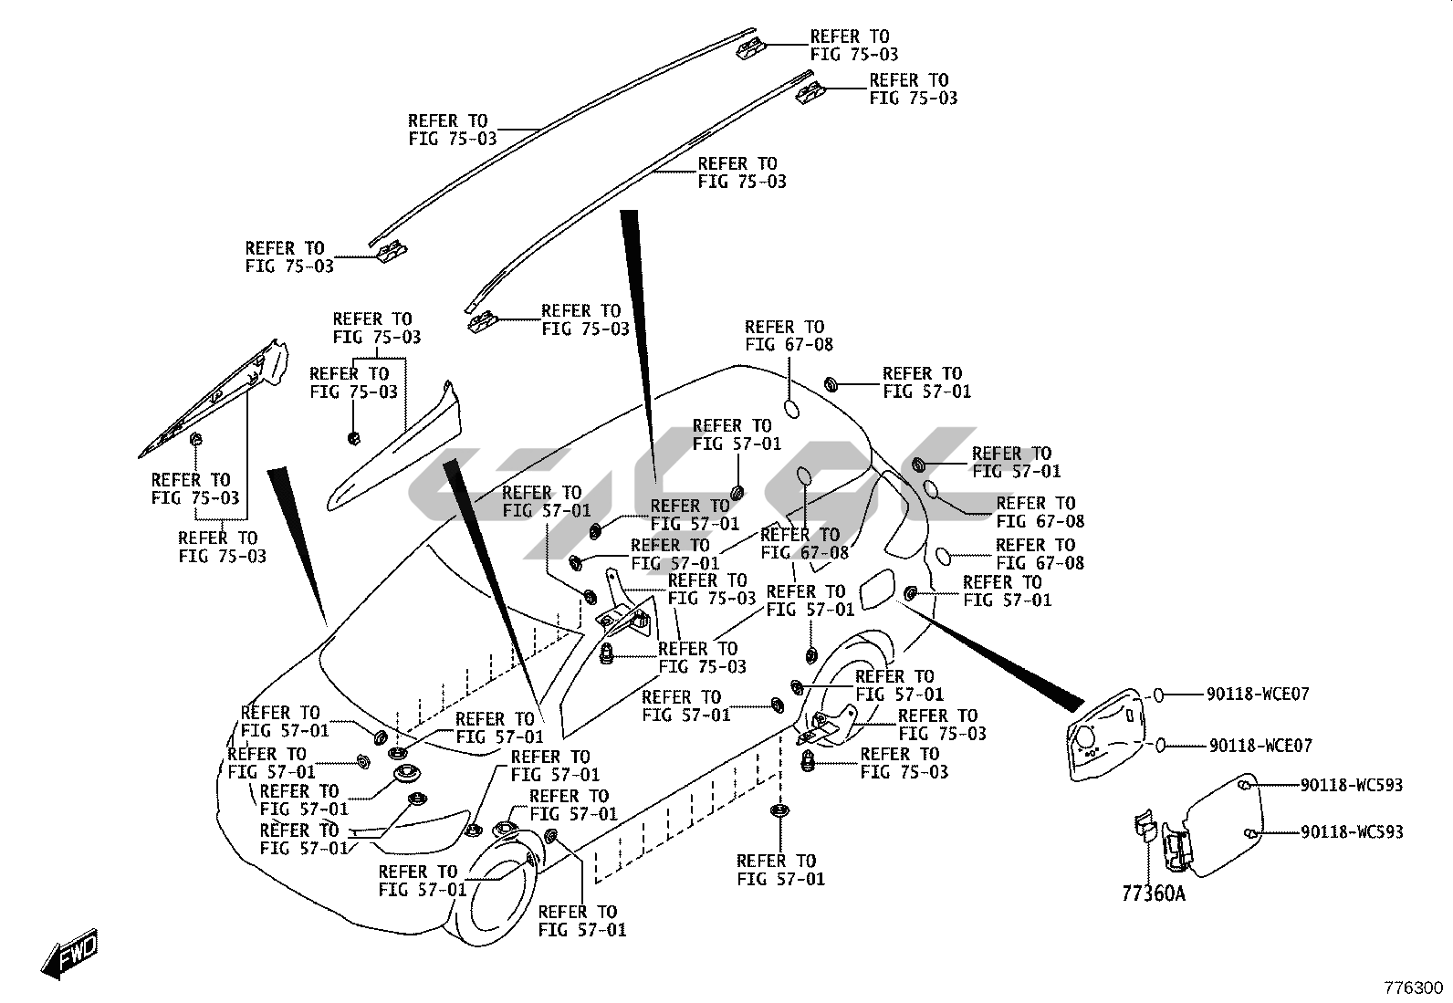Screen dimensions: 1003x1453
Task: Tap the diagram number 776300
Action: pos(1413,988)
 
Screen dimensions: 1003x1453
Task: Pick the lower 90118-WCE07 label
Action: pos(1260,747)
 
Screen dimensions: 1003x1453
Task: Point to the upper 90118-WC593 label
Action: pos(1352,785)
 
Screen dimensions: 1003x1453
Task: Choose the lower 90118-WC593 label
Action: pos(1352,832)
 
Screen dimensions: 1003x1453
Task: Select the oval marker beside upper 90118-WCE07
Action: pos(1157,695)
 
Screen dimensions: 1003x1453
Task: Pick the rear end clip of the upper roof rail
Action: pos(751,47)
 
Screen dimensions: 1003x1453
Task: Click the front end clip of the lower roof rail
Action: pos(482,321)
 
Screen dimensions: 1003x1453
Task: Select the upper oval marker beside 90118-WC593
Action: pos(1247,785)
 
